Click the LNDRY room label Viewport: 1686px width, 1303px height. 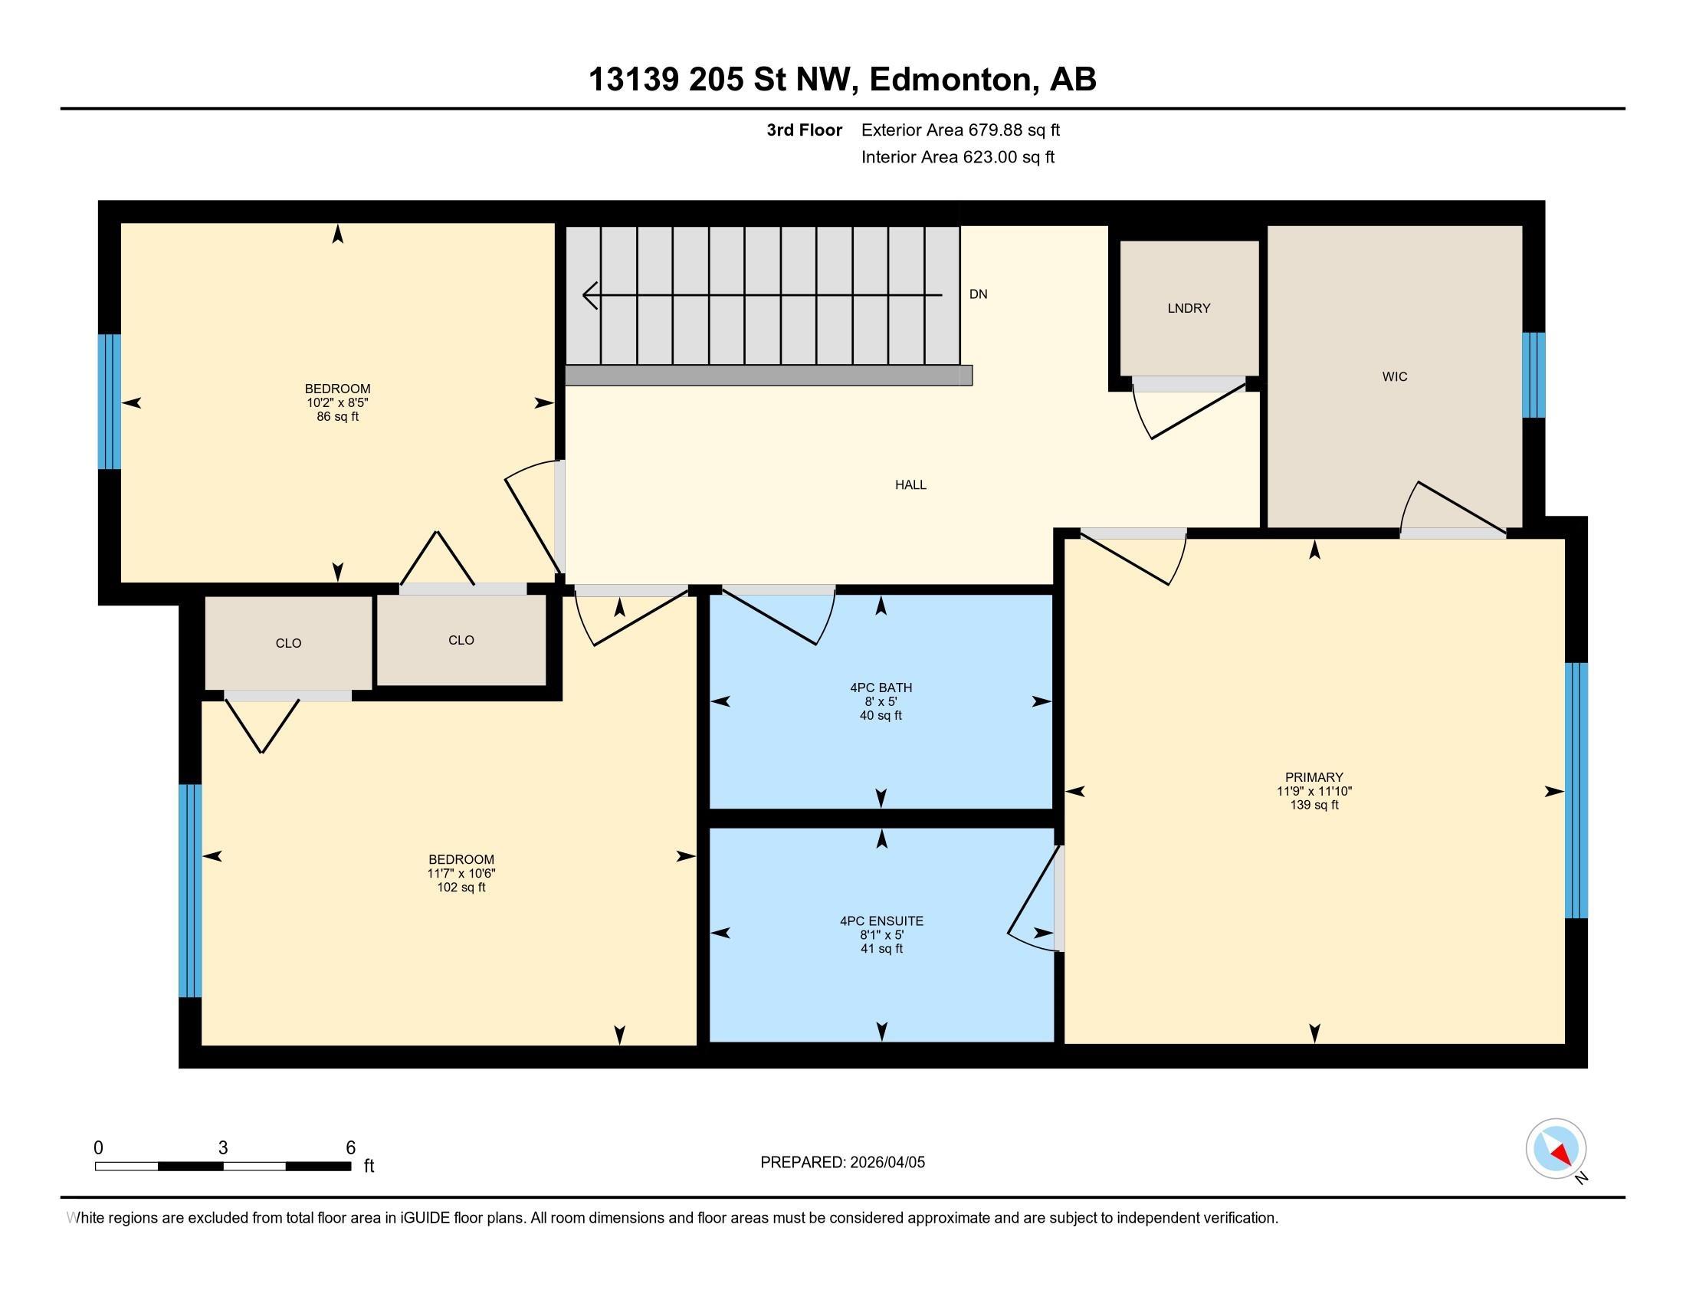[x=1189, y=308]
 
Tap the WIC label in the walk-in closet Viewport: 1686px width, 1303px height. [x=1394, y=376]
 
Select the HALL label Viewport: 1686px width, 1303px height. [x=910, y=484]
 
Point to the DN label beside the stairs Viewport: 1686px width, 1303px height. [x=978, y=294]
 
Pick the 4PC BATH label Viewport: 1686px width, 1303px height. [x=881, y=688]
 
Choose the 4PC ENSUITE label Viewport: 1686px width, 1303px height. [x=881, y=921]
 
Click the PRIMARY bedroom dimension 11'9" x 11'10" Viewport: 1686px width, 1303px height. [x=1314, y=791]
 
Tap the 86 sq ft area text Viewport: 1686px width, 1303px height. [x=337, y=417]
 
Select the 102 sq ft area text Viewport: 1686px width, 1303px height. [x=461, y=888]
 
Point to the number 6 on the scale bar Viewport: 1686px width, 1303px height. [x=350, y=1148]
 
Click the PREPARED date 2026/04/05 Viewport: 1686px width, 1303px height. [x=886, y=1163]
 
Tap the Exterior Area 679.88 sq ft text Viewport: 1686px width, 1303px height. [x=960, y=130]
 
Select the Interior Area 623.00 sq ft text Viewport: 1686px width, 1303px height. [x=957, y=157]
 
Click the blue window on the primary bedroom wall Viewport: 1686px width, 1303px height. [x=1576, y=790]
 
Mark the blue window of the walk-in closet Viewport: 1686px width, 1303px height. [x=1533, y=375]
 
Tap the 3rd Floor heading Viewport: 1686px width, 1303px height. [x=804, y=130]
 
